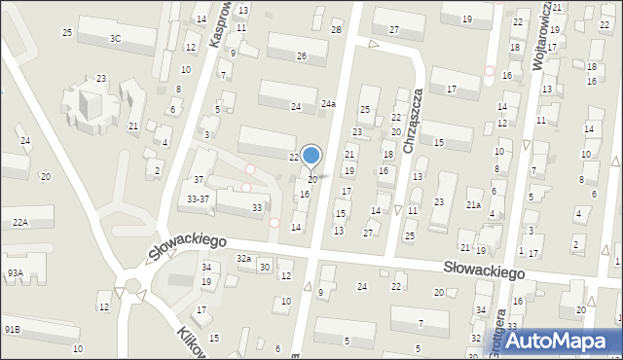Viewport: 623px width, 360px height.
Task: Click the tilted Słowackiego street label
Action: click(x=188, y=248)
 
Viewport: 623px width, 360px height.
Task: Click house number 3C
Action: click(x=115, y=39)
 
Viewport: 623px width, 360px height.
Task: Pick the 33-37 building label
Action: click(x=199, y=199)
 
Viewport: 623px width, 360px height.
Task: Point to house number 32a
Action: click(x=243, y=259)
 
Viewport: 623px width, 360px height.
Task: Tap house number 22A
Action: click(x=19, y=222)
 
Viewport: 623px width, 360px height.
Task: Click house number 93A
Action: click(x=15, y=273)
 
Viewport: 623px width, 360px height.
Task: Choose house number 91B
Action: click(x=12, y=330)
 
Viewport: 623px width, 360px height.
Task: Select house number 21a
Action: click(x=473, y=205)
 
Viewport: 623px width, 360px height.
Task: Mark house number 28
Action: click(x=336, y=31)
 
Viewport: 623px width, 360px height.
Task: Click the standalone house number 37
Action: click(x=198, y=179)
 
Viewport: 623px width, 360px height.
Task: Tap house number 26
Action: click(x=302, y=56)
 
